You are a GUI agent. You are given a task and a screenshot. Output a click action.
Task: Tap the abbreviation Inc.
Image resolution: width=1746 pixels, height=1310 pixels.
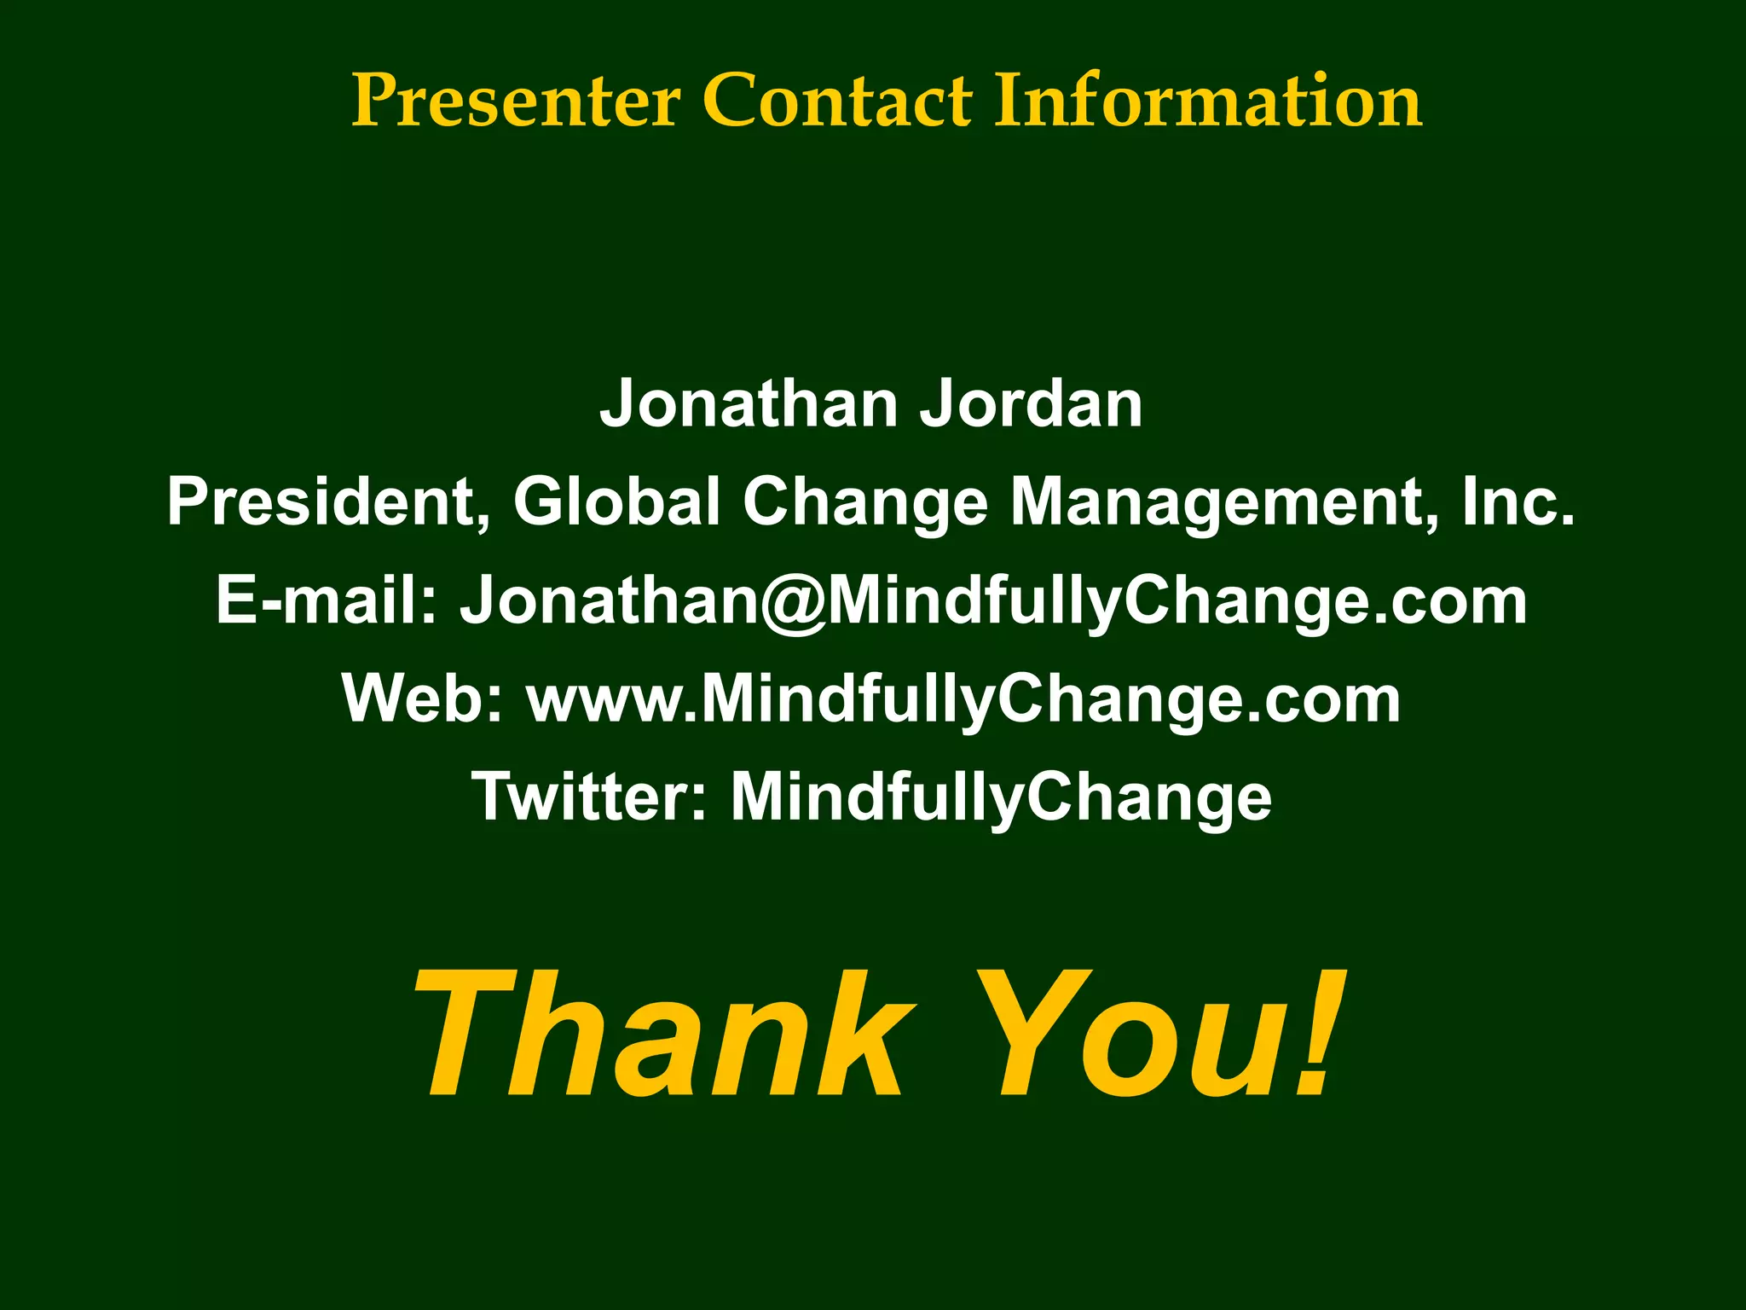pos(1518,501)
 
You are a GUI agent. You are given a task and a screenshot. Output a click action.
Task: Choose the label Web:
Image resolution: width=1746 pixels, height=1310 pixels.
pos(423,698)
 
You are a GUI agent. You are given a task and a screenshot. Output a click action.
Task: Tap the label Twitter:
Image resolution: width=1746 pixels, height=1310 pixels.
pos(589,797)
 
